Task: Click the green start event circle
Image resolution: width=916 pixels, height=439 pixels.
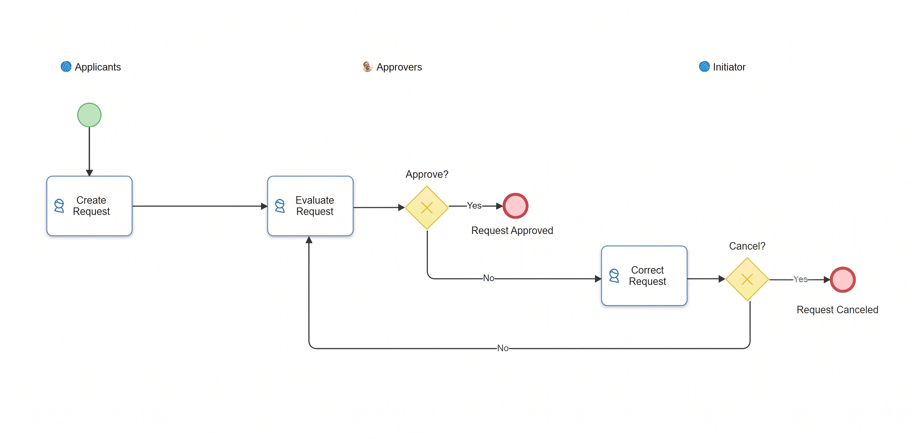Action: [x=89, y=115]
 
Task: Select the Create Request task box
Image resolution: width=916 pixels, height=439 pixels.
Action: [x=89, y=206]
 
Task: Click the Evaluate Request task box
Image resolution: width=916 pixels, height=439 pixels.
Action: [x=310, y=206]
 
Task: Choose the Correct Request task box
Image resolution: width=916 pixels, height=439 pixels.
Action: [x=644, y=276]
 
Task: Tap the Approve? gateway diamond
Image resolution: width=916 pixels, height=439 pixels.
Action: [x=427, y=208]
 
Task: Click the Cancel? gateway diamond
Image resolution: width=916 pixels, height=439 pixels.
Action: [x=747, y=279]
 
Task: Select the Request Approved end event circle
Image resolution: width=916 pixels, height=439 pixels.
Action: [x=515, y=206]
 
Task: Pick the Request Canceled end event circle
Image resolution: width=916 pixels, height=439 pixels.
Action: [x=843, y=280]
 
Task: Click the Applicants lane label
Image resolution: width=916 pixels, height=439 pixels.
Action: [x=98, y=67]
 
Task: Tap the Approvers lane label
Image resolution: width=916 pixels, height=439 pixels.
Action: [x=399, y=67]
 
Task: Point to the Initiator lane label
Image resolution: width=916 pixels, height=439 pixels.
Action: [x=729, y=67]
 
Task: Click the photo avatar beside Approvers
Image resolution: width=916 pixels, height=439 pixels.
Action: [x=367, y=66]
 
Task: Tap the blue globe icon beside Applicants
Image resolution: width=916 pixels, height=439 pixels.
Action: [x=66, y=66]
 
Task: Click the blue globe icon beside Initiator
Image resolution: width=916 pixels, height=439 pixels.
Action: [x=704, y=66]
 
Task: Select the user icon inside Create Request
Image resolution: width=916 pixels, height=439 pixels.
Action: [x=59, y=206]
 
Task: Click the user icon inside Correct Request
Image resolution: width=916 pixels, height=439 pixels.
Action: [x=614, y=276]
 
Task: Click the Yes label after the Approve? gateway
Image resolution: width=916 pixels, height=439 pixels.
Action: [x=474, y=205]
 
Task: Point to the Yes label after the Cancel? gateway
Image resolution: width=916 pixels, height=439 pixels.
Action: [x=800, y=279]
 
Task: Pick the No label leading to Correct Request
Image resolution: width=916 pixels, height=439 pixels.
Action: [x=489, y=278]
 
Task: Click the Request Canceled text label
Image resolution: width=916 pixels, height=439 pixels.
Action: [x=837, y=310]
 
